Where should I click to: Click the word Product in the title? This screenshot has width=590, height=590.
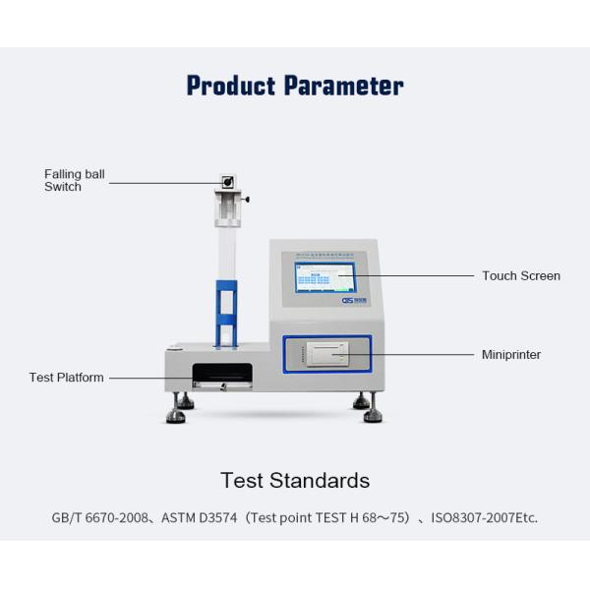pyautogui.click(x=232, y=86)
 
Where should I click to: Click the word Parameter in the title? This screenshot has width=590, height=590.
pyautogui.click(x=343, y=86)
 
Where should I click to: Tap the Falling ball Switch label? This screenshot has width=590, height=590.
pyautogui.click(x=74, y=181)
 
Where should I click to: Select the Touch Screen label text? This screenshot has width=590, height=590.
pyautogui.click(x=520, y=276)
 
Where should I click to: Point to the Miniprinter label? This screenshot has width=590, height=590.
pyautogui.click(x=510, y=354)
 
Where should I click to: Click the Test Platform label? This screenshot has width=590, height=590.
pyautogui.click(x=66, y=378)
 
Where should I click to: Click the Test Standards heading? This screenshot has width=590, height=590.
pyautogui.click(x=295, y=481)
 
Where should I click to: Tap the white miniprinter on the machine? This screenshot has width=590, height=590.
pyautogui.click(x=324, y=352)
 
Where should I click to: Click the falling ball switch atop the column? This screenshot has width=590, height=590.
pyautogui.click(x=227, y=182)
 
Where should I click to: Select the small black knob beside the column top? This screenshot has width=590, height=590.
pyautogui.click(x=246, y=200)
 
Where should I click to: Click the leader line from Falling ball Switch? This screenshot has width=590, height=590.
pyautogui.click(x=162, y=181)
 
